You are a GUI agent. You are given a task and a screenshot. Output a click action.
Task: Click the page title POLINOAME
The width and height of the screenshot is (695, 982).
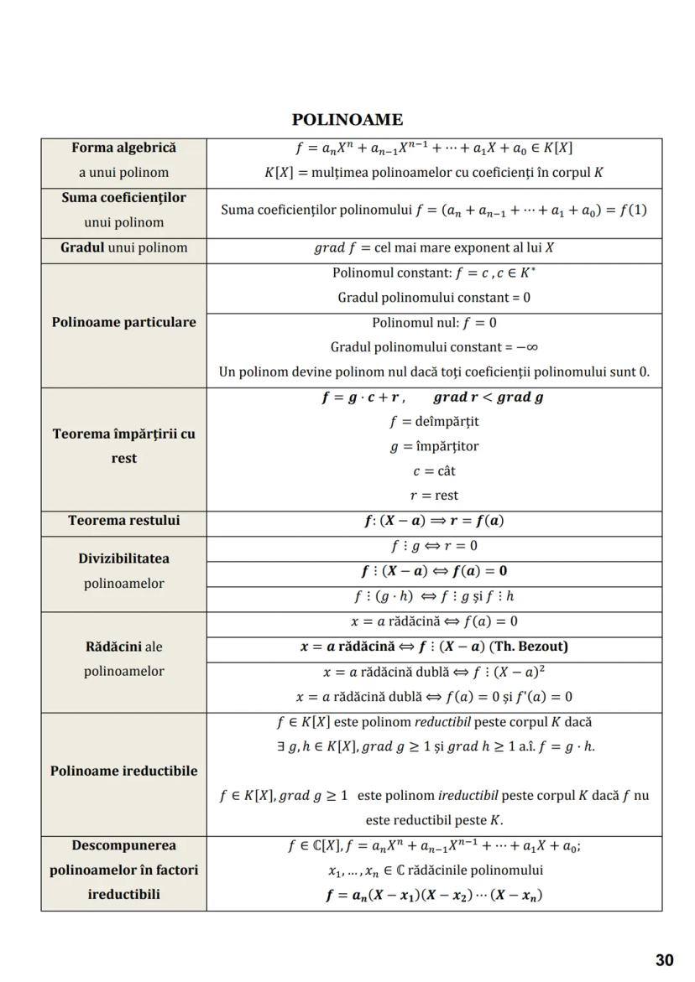pyautogui.click(x=347, y=120)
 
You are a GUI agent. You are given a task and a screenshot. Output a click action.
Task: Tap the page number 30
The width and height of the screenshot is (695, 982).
pyautogui.click(x=664, y=960)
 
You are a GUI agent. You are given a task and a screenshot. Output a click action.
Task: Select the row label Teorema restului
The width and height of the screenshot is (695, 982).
pyautogui.click(x=123, y=520)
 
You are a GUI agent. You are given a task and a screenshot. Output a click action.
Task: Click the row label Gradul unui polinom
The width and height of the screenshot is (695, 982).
pyautogui.click(x=123, y=248)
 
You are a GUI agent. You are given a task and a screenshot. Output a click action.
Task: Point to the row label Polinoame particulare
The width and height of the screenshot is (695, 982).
pyautogui.click(x=123, y=322)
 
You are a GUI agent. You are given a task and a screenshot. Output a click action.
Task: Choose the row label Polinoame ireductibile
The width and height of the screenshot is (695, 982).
pyautogui.click(x=123, y=771)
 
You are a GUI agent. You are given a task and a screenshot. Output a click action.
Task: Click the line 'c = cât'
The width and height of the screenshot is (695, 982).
pyautogui.click(x=434, y=471)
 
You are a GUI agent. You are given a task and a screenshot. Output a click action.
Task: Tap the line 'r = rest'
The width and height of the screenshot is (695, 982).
pyautogui.click(x=434, y=496)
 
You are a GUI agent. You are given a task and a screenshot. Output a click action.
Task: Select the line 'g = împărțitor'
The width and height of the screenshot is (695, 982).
pyautogui.click(x=434, y=446)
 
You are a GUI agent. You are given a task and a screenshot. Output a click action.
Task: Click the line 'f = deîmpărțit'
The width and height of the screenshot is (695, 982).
pyautogui.click(x=434, y=422)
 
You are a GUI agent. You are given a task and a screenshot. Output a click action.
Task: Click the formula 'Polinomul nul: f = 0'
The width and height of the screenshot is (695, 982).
pyautogui.click(x=434, y=323)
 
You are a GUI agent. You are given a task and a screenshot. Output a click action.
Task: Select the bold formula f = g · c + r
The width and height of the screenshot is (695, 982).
pyautogui.click(x=363, y=397)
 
